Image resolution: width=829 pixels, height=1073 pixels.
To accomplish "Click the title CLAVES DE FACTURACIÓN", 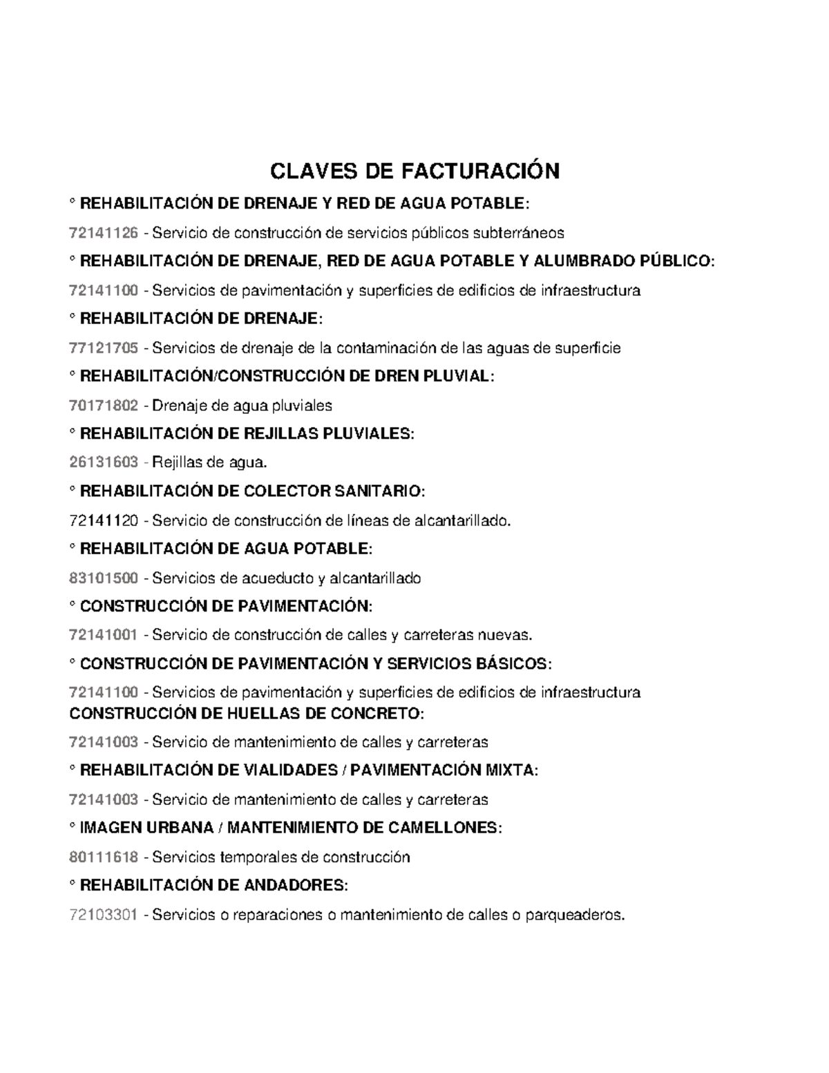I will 414,171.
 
